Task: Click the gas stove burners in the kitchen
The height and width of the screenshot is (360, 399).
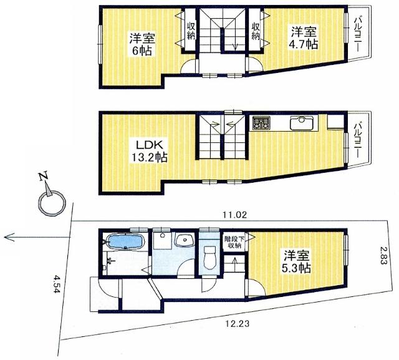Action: pyautogui.click(x=261, y=123)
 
